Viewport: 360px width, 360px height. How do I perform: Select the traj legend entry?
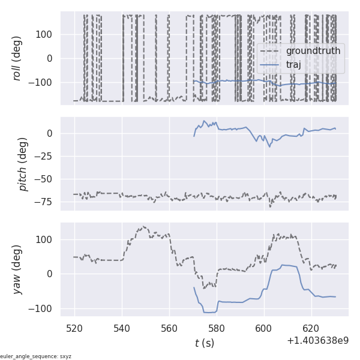point(293,64)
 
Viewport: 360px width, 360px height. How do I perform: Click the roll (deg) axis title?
point(17,58)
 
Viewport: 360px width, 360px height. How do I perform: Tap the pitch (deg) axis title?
point(23,164)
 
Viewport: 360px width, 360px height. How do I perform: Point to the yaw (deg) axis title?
point(17,269)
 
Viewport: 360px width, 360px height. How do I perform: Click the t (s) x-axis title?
point(204,343)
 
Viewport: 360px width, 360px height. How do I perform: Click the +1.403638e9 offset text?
point(318,340)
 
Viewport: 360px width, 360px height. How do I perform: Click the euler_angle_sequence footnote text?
point(36,356)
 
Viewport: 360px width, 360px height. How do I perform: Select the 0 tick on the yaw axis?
point(52,274)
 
